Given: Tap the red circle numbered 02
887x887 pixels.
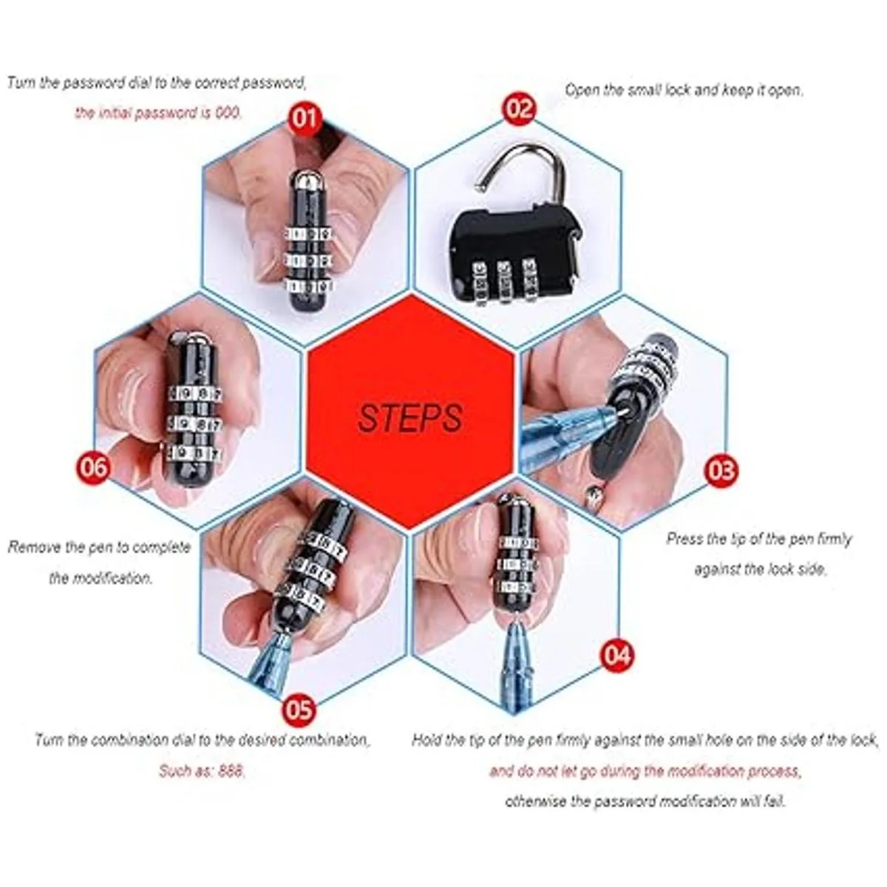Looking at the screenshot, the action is pos(520,109).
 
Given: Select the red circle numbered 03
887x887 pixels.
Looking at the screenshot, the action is pos(721,471).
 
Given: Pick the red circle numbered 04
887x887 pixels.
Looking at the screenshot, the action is pos(616,655).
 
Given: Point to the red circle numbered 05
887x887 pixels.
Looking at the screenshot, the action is pos(299,710).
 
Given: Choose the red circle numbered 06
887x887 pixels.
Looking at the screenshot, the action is pos(92,466).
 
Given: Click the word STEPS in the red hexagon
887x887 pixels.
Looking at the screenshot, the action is pos(409,418).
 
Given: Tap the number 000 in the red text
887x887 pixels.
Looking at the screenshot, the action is pos(228,112).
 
